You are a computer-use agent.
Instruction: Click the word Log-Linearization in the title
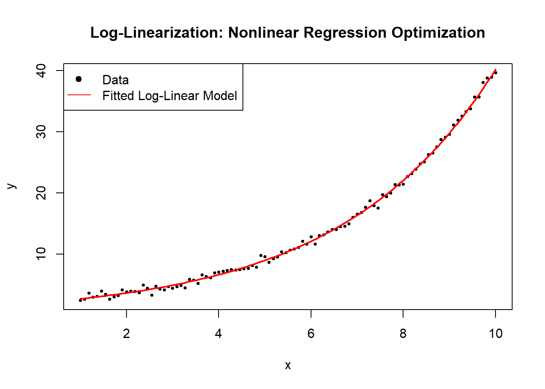[x=157, y=33]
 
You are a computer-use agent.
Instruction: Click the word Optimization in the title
[x=438, y=33]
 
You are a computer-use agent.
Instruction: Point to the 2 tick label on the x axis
[x=127, y=333]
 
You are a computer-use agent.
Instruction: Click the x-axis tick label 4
[x=219, y=333]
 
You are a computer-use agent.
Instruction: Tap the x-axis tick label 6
[x=311, y=333]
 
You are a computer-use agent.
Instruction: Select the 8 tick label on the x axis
[x=403, y=333]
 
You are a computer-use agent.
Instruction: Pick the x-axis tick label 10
[x=495, y=333]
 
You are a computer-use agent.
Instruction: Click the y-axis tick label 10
[x=41, y=254]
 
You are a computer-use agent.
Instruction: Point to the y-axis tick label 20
[x=41, y=193]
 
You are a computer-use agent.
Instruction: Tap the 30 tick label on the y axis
[x=41, y=132]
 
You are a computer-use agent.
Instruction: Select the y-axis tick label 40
[x=41, y=71]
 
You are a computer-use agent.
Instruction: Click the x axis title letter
[x=288, y=365]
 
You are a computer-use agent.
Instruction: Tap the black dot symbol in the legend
[x=79, y=79]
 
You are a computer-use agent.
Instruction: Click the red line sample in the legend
[x=79, y=95]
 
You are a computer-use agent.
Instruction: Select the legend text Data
[x=116, y=80]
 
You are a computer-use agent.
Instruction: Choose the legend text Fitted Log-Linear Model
[x=170, y=96]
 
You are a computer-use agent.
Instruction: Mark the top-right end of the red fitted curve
[x=496, y=70]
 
